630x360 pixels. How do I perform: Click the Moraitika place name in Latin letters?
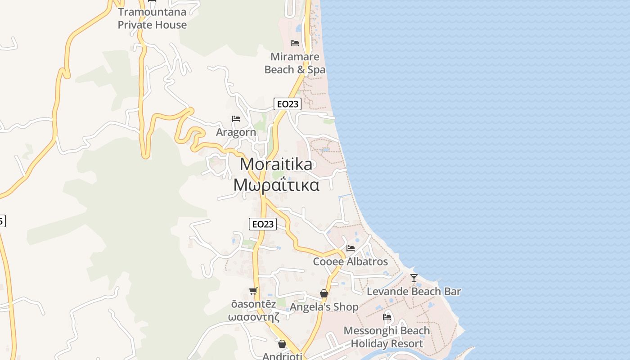point(276,164)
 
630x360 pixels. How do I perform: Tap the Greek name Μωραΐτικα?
point(276,184)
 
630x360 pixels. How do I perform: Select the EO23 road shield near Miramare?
point(287,104)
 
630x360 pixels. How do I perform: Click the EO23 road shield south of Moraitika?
point(263,224)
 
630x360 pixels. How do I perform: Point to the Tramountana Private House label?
point(152,18)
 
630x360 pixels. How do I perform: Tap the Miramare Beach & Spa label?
point(295,63)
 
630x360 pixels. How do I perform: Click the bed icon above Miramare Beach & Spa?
point(295,43)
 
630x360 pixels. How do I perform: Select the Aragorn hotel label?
point(236,132)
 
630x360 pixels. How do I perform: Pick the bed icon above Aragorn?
point(236,119)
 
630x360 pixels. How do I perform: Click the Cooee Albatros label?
point(351,261)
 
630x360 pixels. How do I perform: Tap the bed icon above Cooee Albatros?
point(351,248)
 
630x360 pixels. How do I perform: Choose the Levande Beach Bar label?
point(414,292)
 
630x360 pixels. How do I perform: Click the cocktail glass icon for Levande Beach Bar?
point(414,278)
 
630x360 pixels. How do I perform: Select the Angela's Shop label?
point(324,307)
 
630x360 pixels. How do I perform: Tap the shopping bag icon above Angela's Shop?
point(324,294)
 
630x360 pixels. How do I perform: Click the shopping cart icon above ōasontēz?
point(253,291)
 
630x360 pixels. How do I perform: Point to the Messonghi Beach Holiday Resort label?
point(387,337)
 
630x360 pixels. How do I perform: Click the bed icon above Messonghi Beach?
point(387,317)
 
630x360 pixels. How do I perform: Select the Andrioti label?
point(282,356)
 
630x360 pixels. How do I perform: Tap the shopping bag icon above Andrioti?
point(282,344)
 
